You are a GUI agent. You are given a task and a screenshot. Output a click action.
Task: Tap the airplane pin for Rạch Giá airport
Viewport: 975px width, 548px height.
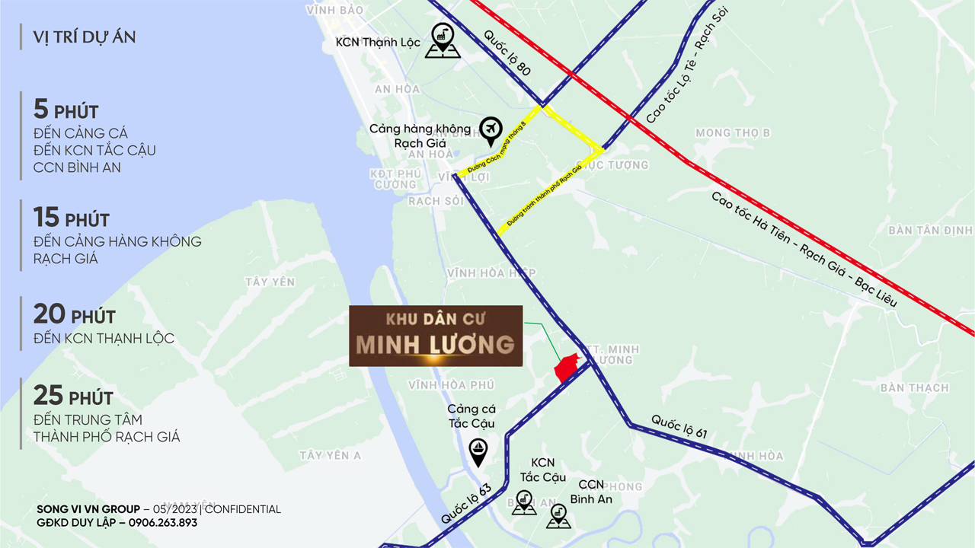pyautogui.click(x=491, y=130)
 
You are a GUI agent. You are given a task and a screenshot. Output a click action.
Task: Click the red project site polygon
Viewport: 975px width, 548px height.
pyautogui.click(x=567, y=368)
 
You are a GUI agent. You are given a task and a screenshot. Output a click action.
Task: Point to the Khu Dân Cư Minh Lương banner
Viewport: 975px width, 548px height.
pyautogui.click(x=436, y=336)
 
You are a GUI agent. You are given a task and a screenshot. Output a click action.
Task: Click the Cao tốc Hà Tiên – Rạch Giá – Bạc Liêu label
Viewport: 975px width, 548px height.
pyautogui.click(x=804, y=250)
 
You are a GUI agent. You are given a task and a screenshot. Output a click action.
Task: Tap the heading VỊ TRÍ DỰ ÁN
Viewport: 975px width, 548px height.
pyautogui.click(x=85, y=37)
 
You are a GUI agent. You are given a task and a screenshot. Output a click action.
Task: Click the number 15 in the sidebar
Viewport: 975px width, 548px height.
pyautogui.click(x=46, y=218)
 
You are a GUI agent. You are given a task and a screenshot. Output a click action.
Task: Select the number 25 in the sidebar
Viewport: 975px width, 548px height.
pyautogui.click(x=47, y=395)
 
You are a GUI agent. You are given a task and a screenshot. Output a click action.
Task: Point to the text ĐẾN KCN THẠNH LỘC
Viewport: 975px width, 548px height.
pyautogui.click(x=104, y=339)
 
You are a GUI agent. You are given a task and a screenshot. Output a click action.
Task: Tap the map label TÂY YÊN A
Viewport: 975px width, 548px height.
pyautogui.click(x=330, y=455)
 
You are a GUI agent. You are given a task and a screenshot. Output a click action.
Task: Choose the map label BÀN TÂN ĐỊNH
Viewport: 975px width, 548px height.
pyautogui.click(x=929, y=230)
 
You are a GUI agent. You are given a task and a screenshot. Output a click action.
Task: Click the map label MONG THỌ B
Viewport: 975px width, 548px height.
pyautogui.click(x=732, y=133)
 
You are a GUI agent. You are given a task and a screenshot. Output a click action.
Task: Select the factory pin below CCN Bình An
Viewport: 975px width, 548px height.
pyautogui.click(x=558, y=517)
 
